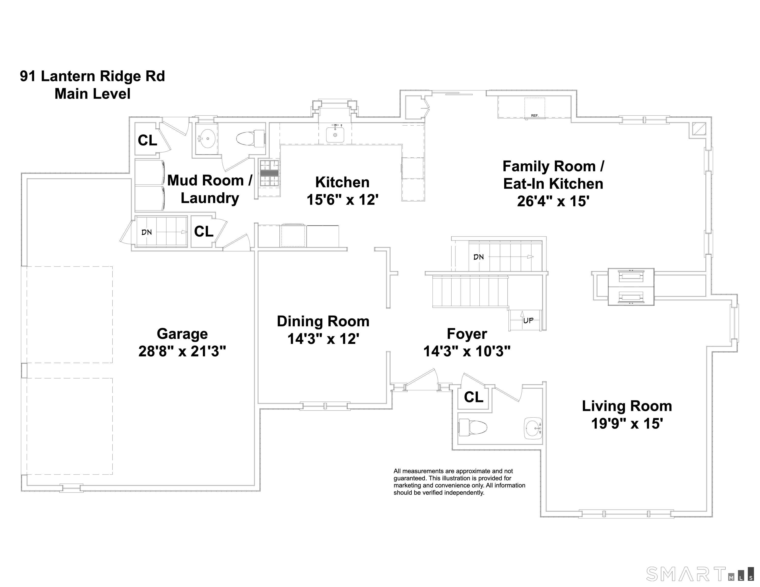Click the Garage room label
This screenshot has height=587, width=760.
pos(182,334)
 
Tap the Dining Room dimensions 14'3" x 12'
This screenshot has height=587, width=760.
pos(323,339)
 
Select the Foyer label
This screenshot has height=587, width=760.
pos(467,334)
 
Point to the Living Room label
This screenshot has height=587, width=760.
pos(627,406)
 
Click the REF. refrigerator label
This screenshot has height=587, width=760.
pos(534,115)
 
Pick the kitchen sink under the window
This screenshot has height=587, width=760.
pos(335,134)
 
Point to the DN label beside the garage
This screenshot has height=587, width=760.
pos(147,232)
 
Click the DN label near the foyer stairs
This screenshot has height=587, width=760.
pos(478,257)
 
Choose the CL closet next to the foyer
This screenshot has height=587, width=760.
pos(474,397)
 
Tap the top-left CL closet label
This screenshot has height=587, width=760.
pos(147,140)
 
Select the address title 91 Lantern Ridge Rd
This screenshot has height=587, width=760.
pos(92,76)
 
